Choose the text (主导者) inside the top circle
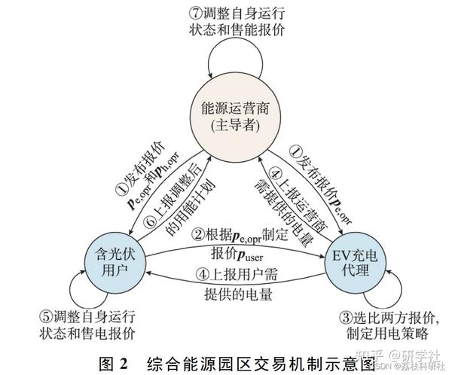tap(225, 124)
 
